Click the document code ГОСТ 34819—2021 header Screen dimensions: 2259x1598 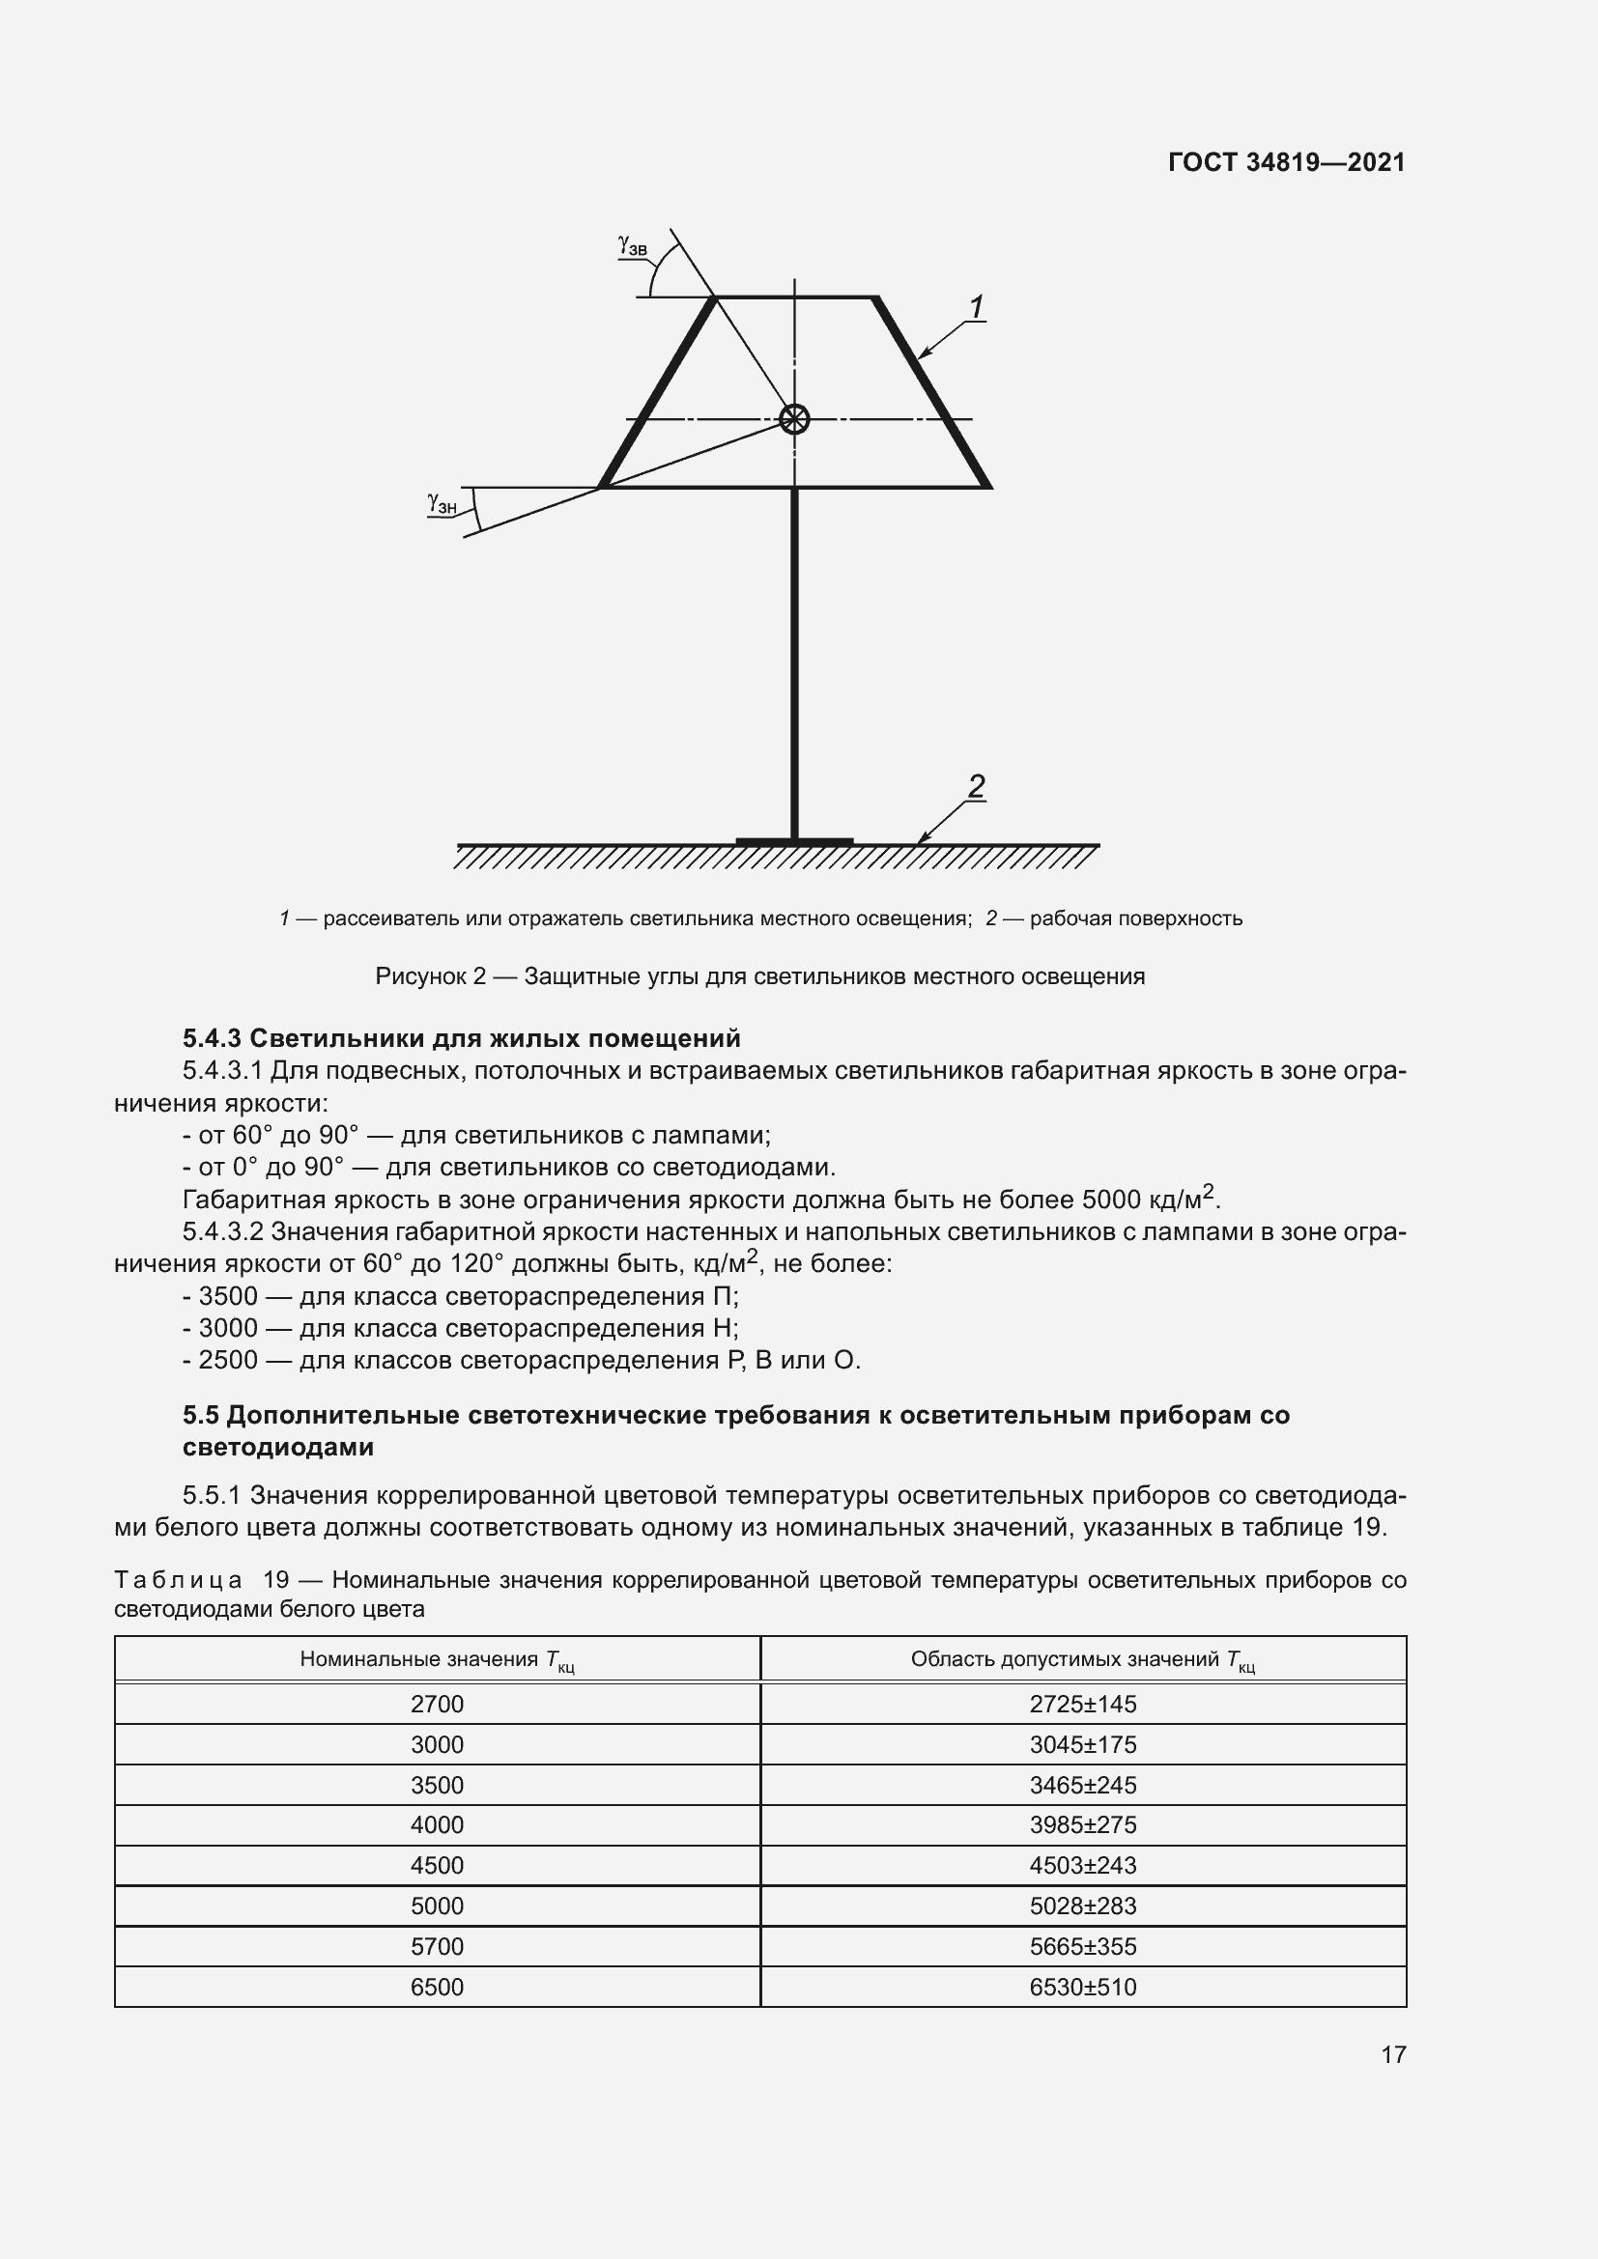point(1286,162)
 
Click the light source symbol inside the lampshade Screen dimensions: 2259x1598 point(794,419)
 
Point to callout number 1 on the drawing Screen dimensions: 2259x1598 point(976,308)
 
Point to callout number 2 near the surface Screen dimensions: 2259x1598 point(975,786)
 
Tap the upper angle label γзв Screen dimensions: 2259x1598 point(632,245)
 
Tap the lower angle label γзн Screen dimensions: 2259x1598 point(442,504)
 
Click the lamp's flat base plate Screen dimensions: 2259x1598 point(794,842)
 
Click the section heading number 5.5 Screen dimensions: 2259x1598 point(200,1416)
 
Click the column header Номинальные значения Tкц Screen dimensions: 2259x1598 point(437,1660)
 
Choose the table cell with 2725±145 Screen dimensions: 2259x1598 point(1082,1704)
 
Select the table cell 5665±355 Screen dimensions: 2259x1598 point(1082,1946)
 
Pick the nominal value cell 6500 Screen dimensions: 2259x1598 point(437,1987)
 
